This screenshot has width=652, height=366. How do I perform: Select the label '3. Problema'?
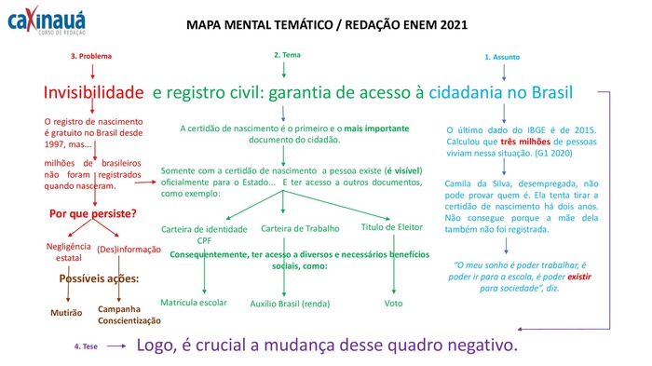pyautogui.click(x=91, y=56)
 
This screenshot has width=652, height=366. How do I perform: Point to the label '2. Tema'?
pyautogui.click(x=287, y=55)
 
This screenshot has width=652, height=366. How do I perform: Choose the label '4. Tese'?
pyautogui.click(x=87, y=346)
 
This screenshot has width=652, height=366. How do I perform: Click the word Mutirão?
pyautogui.click(x=67, y=313)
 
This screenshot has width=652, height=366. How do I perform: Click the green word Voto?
pyautogui.click(x=393, y=303)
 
